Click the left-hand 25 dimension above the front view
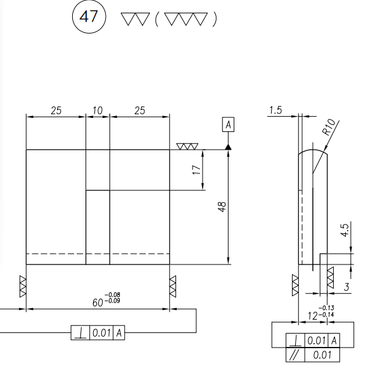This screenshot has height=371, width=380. pyautogui.click(x=56, y=110)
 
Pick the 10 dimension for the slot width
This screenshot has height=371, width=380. pyautogui.click(x=98, y=110)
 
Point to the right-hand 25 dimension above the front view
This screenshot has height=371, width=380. pyautogui.click(x=139, y=110)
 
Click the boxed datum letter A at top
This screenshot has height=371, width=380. pyautogui.click(x=227, y=124)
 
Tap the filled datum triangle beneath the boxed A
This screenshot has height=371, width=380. pyautogui.click(x=227, y=146)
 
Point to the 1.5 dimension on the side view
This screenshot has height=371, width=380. pyautogui.click(x=275, y=110)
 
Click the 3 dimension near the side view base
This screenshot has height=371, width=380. pyautogui.click(x=346, y=287)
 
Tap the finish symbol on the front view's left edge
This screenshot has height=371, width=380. pyautogui.click(x=23, y=283)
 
